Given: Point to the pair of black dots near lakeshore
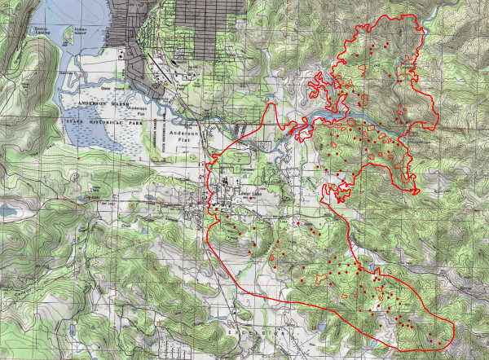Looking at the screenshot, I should pos(121,52).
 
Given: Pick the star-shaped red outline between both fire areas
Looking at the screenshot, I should pos(333,194).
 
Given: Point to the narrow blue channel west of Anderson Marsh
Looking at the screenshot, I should pos(60,81).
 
